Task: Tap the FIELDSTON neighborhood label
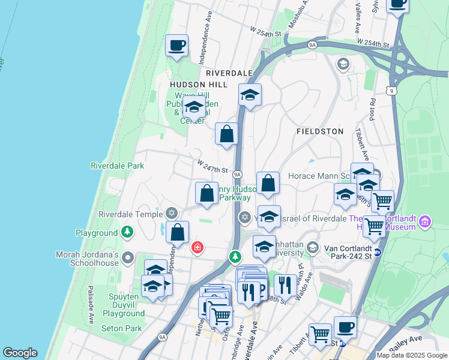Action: click(321, 131)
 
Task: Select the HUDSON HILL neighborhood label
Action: click(199, 85)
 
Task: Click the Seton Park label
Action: click(122, 328)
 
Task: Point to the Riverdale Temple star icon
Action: click(172, 213)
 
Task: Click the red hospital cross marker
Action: click(197, 247)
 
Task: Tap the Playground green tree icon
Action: click(127, 232)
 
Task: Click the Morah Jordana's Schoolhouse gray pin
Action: click(127, 258)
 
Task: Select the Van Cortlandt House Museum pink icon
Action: click(426, 223)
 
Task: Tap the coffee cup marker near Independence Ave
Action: click(176, 45)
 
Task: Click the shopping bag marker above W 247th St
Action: click(226, 134)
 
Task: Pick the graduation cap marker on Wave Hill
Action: click(193, 109)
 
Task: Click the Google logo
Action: click(20, 353)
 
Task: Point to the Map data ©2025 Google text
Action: click(412, 355)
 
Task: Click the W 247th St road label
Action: click(213, 167)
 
